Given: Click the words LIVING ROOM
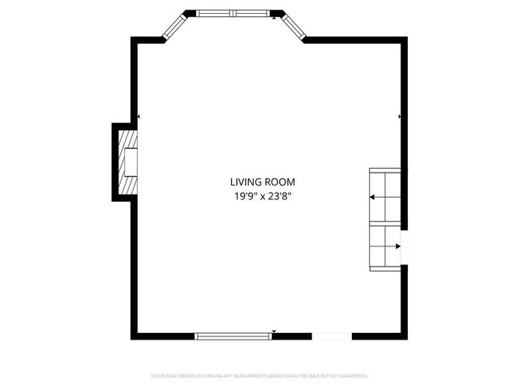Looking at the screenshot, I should coord(262,182).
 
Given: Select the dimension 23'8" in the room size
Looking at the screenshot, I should coord(279,197).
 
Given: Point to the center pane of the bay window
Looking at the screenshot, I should coord(234,14).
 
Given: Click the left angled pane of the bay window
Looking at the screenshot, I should coord(175,28).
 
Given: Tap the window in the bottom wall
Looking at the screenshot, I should coord(234,336).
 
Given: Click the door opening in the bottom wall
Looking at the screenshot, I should coord(332,336).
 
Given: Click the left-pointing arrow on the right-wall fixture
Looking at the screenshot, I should coord(372,197).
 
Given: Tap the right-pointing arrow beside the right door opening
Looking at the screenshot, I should coord(398,246).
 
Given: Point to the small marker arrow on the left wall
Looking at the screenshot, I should coord(139,118).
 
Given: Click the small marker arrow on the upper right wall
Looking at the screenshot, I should coord(400,118).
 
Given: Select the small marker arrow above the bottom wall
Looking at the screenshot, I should coord(275,331).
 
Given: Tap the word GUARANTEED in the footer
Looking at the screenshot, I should coord(353,376).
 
